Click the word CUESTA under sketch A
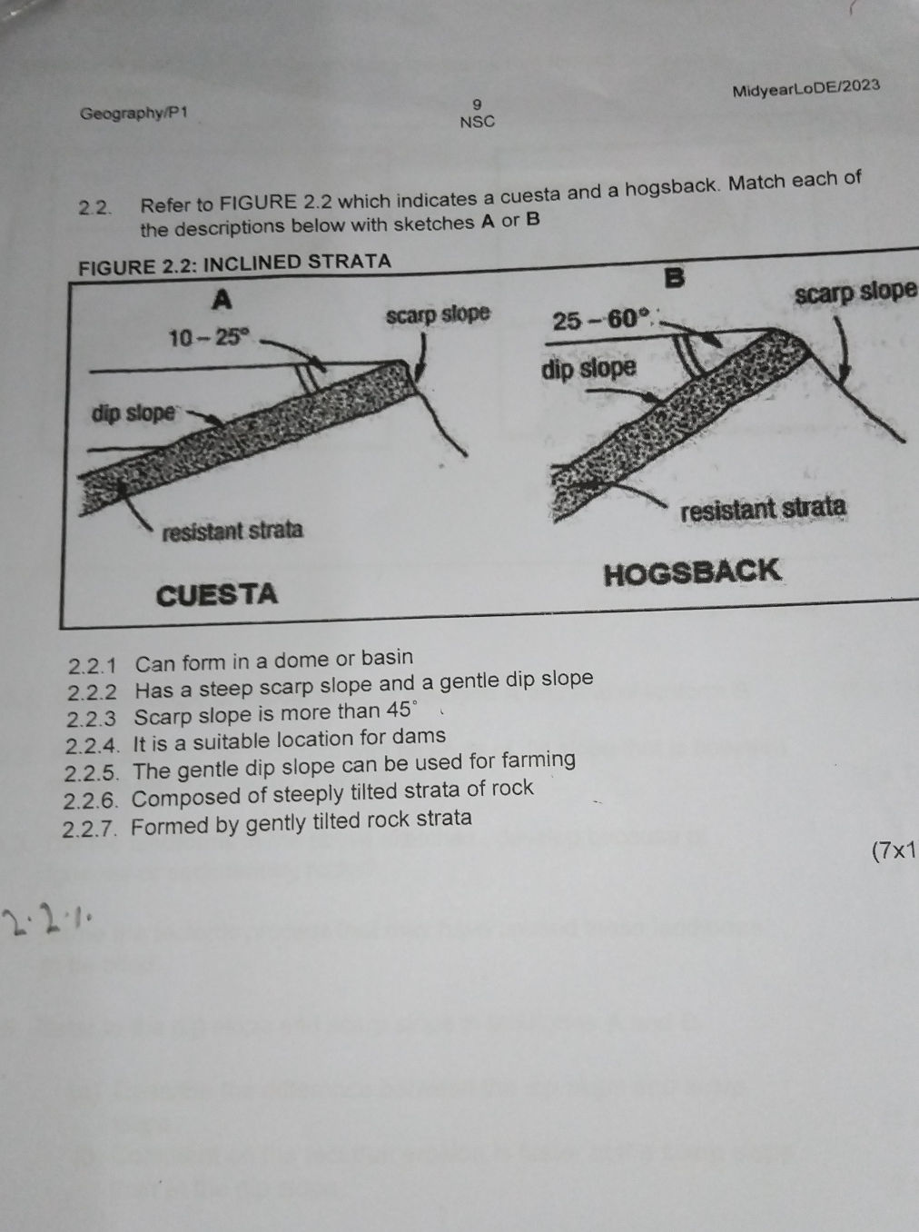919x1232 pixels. (217, 595)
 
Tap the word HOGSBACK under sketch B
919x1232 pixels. (692, 572)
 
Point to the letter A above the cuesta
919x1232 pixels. (221, 299)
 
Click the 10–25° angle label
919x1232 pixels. (208, 338)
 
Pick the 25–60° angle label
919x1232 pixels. (603, 320)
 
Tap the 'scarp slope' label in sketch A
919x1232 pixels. (438, 315)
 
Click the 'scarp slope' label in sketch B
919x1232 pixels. (855, 293)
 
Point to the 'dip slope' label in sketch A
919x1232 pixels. (133, 413)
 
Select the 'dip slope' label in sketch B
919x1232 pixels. (588, 369)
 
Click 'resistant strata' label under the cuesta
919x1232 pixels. (232, 531)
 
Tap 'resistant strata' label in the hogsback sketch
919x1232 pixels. (764, 509)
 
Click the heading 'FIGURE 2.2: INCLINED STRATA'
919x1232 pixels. (235, 263)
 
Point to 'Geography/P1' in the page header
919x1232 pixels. (133, 114)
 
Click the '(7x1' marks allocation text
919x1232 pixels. (893, 851)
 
